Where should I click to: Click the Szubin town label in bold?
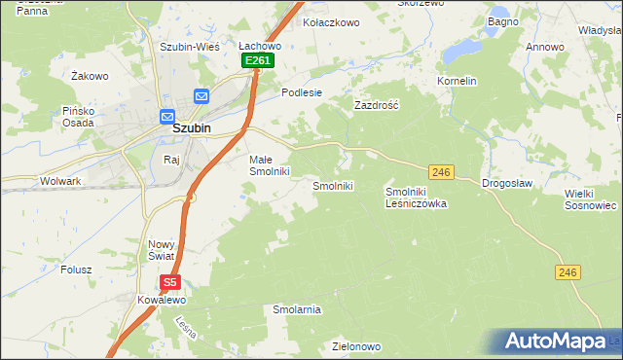point(193,127)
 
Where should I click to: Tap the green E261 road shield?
point(258,60)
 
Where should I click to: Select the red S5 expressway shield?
point(170,283)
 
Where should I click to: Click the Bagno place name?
point(503,21)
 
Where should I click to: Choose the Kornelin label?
point(457,81)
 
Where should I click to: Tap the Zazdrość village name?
point(376,103)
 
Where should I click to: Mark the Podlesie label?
point(301,92)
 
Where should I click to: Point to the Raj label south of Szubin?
point(173,159)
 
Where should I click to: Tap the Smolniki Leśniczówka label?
point(416,198)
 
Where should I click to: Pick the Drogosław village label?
point(507,184)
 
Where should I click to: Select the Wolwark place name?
point(59,181)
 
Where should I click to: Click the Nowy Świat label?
point(161,250)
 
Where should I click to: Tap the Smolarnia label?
point(297,309)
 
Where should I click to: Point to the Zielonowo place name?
point(355,345)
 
